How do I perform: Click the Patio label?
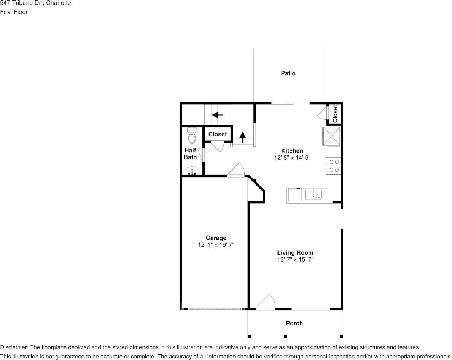coord(288,73)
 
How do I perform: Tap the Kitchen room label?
coord(292,151)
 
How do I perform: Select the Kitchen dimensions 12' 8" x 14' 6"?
coord(292,158)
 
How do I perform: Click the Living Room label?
coord(295,253)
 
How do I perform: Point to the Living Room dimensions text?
coord(295,260)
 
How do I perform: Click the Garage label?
coord(216,238)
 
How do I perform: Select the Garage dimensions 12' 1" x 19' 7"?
coord(216,245)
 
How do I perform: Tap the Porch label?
coord(294,323)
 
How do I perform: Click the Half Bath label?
coord(190,154)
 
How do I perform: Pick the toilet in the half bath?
coord(192,136)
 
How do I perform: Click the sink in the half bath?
coord(192,171)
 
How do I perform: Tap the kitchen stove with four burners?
coord(334,166)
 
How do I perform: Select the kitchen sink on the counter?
coord(314,195)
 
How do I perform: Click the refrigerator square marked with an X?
coord(331,136)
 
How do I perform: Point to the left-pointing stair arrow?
coord(217,115)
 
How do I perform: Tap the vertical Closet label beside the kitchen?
coord(335,114)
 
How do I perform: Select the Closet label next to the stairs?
coord(218,134)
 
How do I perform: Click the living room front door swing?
coord(266,303)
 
